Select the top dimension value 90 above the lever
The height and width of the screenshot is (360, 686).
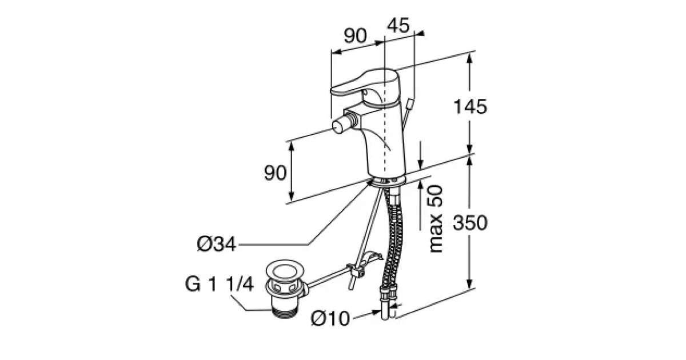click(355, 36)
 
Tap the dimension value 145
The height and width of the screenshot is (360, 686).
click(470, 107)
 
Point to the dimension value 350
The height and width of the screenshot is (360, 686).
click(470, 222)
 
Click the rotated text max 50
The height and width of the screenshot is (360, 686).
click(436, 219)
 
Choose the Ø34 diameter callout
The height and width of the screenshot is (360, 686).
click(217, 245)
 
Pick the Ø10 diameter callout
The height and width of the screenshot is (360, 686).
click(330, 318)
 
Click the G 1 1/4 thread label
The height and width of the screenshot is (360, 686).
click(220, 284)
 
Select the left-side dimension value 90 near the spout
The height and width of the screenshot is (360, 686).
click(275, 173)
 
